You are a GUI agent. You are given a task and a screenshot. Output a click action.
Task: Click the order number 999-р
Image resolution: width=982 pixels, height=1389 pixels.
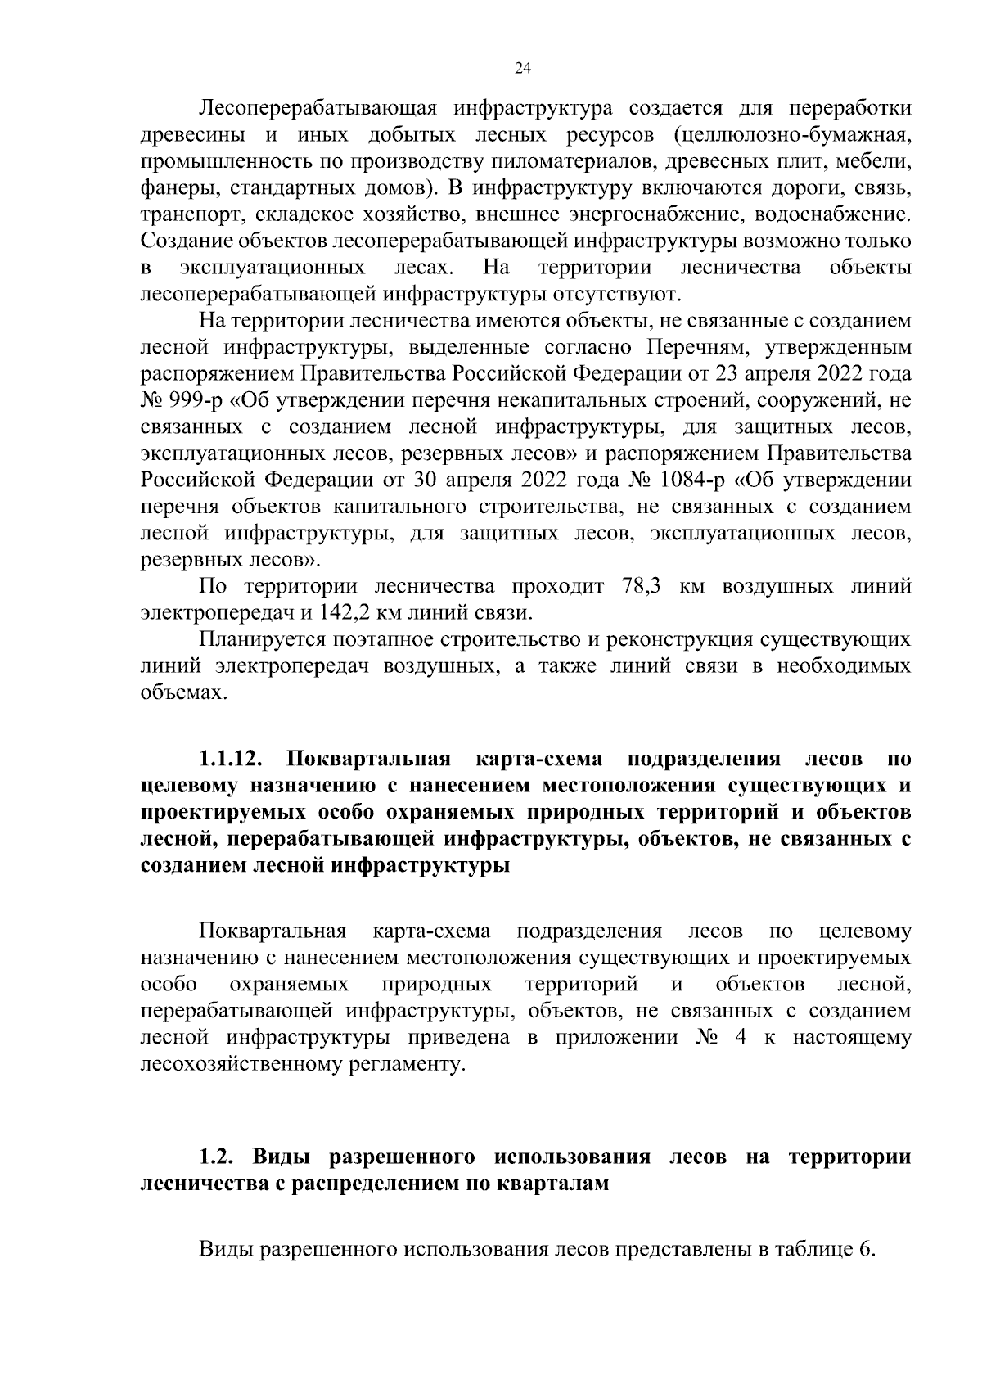pos(196,401)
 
